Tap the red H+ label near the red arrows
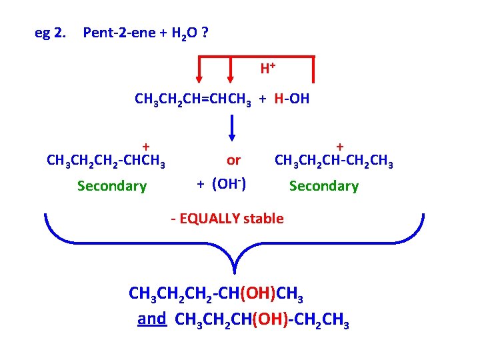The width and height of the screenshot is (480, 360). point(268,68)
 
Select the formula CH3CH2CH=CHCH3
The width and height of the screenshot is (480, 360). point(193,100)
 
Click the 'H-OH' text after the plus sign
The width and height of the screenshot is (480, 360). point(291,100)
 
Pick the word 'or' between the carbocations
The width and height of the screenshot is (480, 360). point(233,161)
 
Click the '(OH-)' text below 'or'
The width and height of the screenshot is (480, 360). point(229,183)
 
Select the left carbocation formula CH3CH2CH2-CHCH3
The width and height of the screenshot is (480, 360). point(106,161)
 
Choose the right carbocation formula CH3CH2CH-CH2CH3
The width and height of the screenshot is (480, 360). point(334,161)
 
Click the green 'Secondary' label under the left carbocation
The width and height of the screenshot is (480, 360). point(111,186)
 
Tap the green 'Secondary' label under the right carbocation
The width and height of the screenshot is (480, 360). point(323,186)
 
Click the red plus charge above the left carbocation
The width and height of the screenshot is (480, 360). point(145,146)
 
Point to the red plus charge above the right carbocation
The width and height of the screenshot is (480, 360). point(339,146)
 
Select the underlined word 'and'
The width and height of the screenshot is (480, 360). point(151,319)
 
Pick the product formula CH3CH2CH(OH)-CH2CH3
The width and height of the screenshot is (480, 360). point(261,321)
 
